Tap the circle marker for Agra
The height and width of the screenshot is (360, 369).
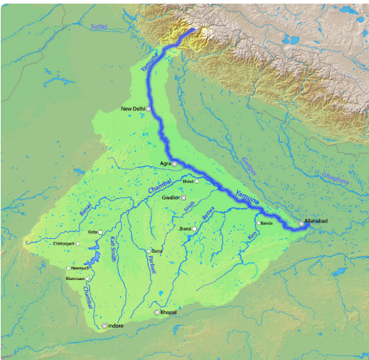pyautogui.click(x=174, y=165)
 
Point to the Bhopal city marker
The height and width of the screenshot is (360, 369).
pyautogui.click(x=158, y=312)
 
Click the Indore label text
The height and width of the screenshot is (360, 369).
pyautogui.click(x=115, y=326)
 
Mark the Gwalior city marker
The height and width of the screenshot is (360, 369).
pyautogui.click(x=183, y=197)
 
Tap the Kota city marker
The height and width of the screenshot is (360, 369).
pyautogui.click(x=100, y=233)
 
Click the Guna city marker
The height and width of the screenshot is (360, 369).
pyautogui.click(x=149, y=251)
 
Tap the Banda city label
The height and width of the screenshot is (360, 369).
pyautogui.click(x=267, y=223)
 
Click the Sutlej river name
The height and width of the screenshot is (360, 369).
pyautogui.click(x=99, y=27)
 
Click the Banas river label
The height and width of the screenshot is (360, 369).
pyautogui.click(x=86, y=213)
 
